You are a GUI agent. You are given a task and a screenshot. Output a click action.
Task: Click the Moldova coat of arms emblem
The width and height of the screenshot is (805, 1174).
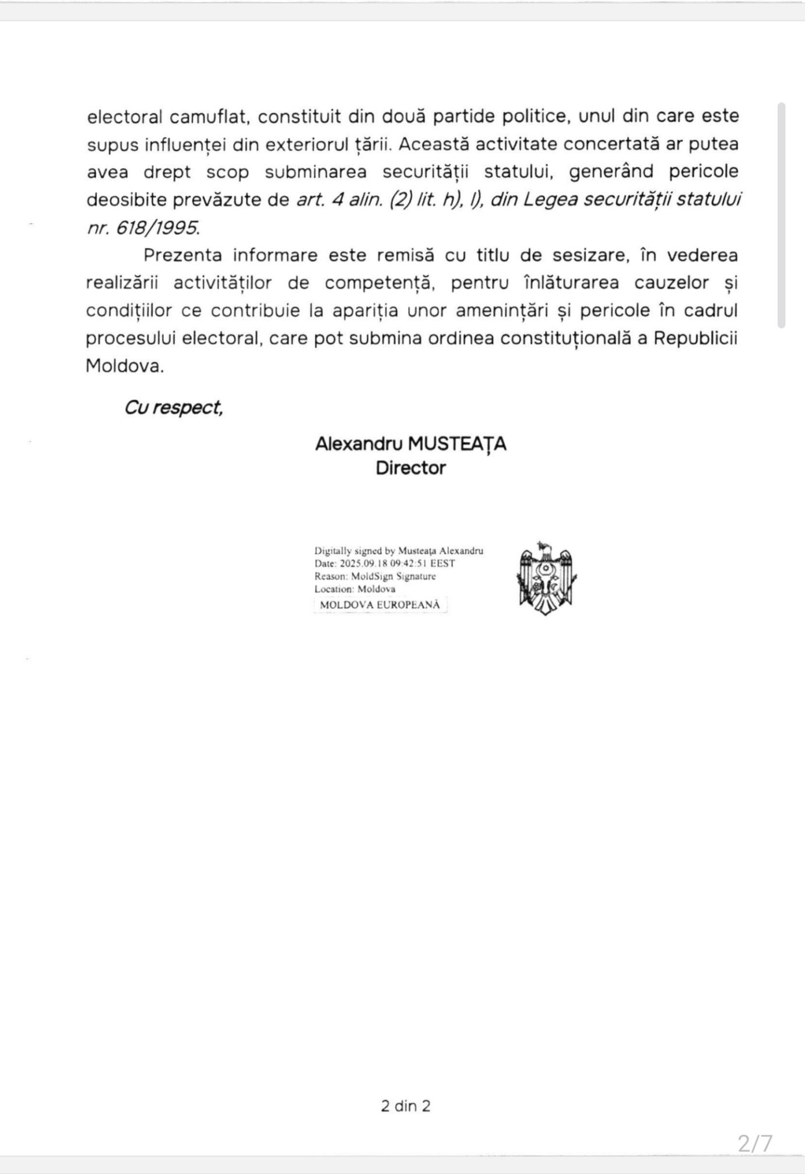(546, 577)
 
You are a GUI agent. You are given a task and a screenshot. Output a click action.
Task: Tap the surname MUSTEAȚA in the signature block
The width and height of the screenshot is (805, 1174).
(457, 444)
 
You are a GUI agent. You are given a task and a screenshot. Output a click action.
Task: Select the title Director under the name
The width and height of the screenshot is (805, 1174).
(410, 468)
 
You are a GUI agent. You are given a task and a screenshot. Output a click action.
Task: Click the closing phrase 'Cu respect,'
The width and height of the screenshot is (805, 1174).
(173, 407)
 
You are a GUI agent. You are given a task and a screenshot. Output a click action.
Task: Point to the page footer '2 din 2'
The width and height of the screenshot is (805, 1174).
(406, 1106)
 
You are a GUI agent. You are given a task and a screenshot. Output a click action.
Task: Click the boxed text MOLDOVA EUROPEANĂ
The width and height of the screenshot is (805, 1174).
(380, 605)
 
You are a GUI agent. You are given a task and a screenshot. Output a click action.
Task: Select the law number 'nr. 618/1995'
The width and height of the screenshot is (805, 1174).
(143, 228)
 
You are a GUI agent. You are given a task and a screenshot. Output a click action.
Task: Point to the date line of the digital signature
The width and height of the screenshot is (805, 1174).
(385, 563)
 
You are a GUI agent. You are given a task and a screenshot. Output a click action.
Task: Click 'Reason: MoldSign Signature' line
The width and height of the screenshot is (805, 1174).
(375, 576)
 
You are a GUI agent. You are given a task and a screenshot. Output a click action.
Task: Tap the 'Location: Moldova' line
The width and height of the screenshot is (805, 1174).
(354, 589)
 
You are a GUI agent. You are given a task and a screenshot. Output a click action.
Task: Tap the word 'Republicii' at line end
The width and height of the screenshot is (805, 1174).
(695, 339)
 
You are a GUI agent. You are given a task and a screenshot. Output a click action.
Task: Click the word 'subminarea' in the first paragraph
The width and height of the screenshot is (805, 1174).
(315, 172)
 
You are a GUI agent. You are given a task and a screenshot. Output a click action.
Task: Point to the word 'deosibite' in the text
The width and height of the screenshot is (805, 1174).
(126, 200)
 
